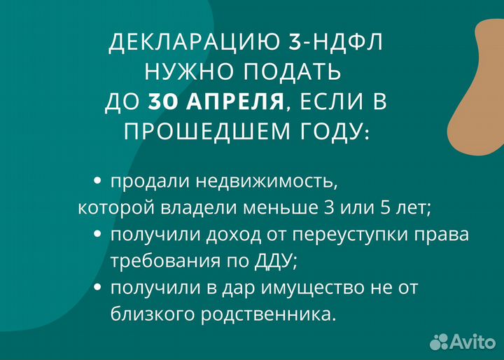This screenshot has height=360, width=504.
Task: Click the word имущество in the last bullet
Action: (x=323, y=288)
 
